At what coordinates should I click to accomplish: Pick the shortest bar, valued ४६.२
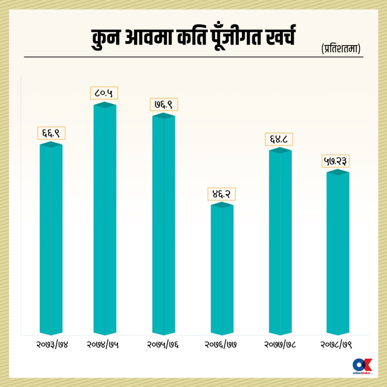coord(222,269)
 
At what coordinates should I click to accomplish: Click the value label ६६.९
coord(51,133)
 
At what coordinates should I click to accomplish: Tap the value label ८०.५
coord(104,93)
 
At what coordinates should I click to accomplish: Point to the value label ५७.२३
coord(335,161)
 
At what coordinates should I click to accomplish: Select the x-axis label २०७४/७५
coord(103,345)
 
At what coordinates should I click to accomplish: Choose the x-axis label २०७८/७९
coord(336,345)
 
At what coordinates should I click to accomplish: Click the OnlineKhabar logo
coord(362,366)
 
